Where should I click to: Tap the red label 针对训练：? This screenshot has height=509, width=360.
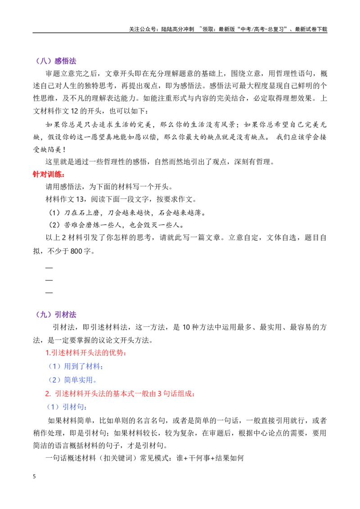coord(49,174)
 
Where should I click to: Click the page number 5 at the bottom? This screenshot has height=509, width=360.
coord(35,477)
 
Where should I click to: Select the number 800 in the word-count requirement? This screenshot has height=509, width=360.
coord(76,251)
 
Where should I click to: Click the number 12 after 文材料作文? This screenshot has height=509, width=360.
coord(74,111)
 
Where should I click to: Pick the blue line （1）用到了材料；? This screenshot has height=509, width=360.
coord(76,366)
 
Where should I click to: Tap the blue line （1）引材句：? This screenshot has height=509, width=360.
coord(67,407)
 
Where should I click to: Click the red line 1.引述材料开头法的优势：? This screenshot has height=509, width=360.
coord(86,353)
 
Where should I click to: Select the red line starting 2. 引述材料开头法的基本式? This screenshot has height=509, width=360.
coord(120,394)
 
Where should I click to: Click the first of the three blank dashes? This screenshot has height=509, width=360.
coord(49,268)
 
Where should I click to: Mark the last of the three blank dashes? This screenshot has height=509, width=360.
coord(49,293)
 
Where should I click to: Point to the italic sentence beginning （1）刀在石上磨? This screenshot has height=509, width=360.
coord(127,213)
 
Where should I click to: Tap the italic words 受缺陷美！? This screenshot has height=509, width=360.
coord(49,150)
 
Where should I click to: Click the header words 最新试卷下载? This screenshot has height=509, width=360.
coord(311,29)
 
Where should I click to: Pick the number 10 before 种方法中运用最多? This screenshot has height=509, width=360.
coord(186,327)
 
